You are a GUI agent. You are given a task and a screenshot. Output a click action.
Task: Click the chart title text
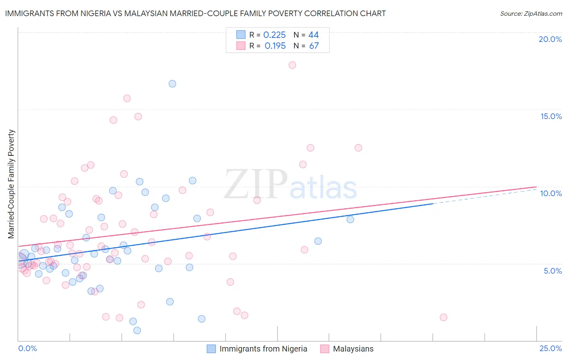pyautogui.click(x=195, y=13)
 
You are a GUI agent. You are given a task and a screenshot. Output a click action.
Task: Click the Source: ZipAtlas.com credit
pyautogui.click(x=531, y=13)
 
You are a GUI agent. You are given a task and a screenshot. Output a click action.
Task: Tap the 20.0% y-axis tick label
pyautogui.click(x=550, y=39)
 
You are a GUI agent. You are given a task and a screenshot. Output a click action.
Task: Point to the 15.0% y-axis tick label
pyautogui.click(x=551, y=116)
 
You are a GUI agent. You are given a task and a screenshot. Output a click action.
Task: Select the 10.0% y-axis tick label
pyautogui.click(x=551, y=193)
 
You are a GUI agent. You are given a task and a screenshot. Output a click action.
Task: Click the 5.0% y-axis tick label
pyautogui.click(x=552, y=271)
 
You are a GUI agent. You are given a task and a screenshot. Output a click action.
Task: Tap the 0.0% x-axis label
pyautogui.click(x=27, y=348)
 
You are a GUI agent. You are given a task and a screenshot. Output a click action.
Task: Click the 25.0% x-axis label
pyautogui.click(x=550, y=348)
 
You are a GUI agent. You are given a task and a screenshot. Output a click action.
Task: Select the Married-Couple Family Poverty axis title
pyautogui.click(x=11, y=184)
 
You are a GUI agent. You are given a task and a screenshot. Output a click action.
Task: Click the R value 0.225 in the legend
pyautogui.click(x=274, y=35)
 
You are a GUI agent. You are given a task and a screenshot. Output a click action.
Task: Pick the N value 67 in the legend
pyautogui.click(x=314, y=46)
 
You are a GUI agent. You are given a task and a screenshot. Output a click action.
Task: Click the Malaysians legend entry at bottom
pyautogui.click(x=353, y=349)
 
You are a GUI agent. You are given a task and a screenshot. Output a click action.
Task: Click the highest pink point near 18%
pyautogui.click(x=292, y=65)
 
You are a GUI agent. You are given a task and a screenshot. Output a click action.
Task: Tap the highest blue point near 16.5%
pyautogui.click(x=172, y=84)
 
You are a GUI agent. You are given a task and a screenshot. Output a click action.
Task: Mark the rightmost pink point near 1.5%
pyautogui.click(x=444, y=317)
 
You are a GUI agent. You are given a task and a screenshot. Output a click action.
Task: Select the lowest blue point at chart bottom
pyautogui.click(x=137, y=330)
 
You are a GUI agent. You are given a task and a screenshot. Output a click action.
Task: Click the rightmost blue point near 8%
pyautogui.click(x=350, y=219)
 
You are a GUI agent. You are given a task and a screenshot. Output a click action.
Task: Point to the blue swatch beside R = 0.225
pyautogui.click(x=241, y=35)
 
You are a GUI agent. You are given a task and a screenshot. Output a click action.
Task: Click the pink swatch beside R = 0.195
pyautogui.click(x=241, y=46)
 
